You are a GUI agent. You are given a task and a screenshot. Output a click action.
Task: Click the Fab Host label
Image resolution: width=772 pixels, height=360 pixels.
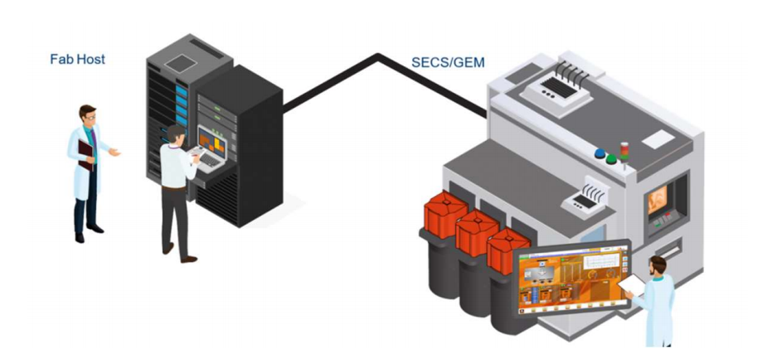click(x=77, y=60)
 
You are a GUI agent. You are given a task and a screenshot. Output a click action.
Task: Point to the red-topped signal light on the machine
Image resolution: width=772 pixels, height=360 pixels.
click(x=624, y=149)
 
